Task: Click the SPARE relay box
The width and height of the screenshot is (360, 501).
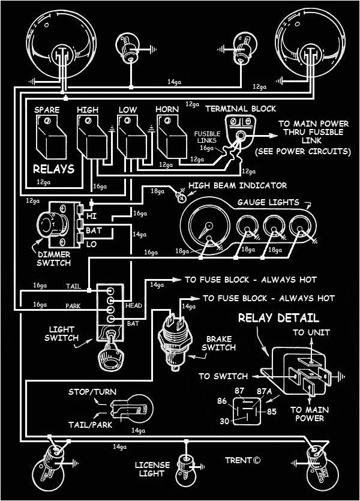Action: tap(51, 137)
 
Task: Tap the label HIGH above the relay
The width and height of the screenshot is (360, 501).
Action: tap(88, 110)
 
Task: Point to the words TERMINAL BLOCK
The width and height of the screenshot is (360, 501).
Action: tap(241, 109)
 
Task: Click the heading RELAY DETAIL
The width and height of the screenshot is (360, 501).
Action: tap(278, 318)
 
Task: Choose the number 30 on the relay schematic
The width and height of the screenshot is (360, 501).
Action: tap(224, 421)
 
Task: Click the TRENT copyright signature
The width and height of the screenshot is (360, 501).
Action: tap(243, 460)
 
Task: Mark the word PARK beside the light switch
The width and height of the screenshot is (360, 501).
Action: tap(73, 306)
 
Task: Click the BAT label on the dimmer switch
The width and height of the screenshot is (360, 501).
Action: tap(94, 230)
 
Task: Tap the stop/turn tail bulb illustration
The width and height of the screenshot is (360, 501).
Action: tap(131, 409)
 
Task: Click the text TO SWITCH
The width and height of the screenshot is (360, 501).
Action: tap(223, 376)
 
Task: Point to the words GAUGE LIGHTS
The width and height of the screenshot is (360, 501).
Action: tap(268, 202)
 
